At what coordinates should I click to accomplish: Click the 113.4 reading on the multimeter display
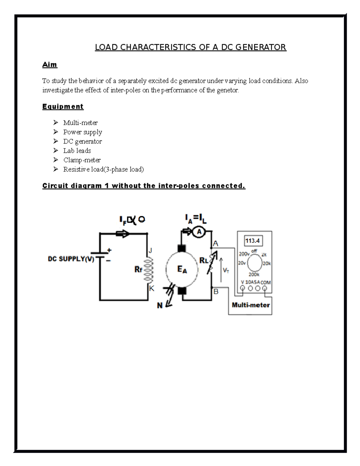tap(253, 241)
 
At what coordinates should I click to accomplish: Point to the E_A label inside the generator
tap(182, 269)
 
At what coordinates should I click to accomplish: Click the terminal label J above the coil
tap(151, 251)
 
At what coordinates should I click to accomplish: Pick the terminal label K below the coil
tap(152, 289)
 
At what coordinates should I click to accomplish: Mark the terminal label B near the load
tap(216, 291)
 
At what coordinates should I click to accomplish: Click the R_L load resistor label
tap(204, 260)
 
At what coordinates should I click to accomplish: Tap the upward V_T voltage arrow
tap(221, 269)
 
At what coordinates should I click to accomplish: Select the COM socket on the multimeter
tap(265, 288)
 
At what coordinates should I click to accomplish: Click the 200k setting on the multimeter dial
tap(254, 275)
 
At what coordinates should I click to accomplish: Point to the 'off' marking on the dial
tap(254, 251)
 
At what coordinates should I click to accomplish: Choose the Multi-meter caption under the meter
tap(251, 305)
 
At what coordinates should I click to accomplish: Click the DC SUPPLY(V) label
tap(71, 259)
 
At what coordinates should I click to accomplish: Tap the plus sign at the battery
tap(109, 250)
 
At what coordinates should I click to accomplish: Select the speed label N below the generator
tap(160, 305)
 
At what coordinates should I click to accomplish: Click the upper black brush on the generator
tap(181, 249)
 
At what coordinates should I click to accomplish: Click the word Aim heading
tap(49, 65)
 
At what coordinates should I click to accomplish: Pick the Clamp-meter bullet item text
tap(82, 160)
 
